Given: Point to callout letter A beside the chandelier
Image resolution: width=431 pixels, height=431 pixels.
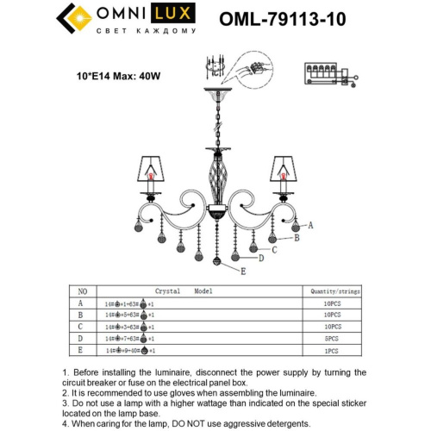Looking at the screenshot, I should (310, 224).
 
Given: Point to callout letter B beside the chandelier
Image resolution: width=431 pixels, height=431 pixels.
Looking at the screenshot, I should (297, 237).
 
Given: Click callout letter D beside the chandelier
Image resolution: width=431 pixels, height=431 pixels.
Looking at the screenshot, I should (260, 258).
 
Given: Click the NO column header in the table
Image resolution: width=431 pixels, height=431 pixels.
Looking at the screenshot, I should (83, 291).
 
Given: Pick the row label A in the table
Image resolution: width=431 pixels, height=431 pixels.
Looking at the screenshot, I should (82, 304).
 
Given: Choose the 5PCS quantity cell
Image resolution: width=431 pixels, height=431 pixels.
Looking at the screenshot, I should (327, 340).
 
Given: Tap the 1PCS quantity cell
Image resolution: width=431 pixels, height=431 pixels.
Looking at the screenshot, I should (327, 352).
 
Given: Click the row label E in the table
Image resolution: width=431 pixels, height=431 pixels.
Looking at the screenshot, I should (82, 352).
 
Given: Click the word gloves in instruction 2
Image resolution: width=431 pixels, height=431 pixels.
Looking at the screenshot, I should (181, 390).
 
